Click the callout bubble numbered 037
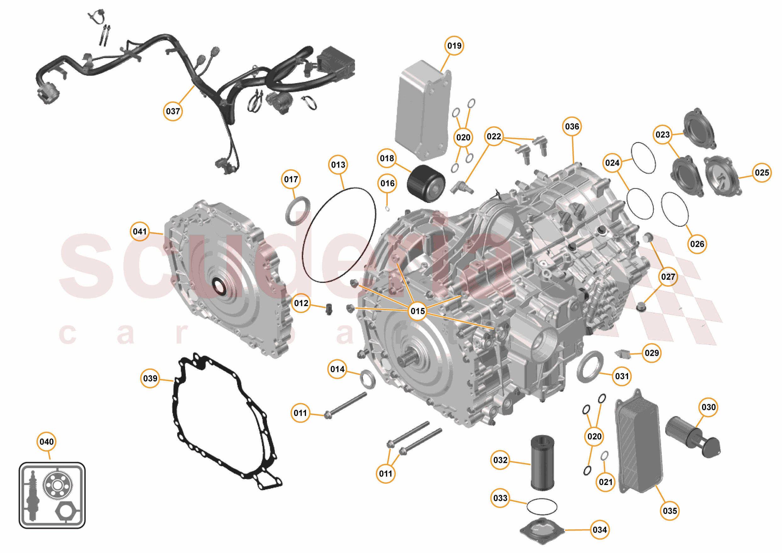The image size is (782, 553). (173, 111)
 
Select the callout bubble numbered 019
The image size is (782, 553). (454, 45)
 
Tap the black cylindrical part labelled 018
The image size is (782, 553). (426, 183)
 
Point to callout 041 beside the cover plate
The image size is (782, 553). (140, 231)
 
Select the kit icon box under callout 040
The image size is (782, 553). (52, 495)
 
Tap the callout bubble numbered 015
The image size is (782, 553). (417, 311)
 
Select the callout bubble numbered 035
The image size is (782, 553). (670, 511)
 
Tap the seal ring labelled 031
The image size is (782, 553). (590, 367)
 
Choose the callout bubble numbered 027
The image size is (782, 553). (668, 276)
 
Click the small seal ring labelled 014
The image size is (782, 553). (368, 379)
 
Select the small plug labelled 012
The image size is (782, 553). (329, 308)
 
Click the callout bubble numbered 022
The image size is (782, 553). (494, 136)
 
